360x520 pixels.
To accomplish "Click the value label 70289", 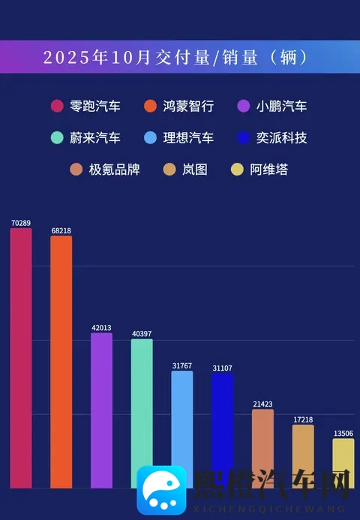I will point(21,223).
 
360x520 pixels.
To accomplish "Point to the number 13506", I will point(343,433).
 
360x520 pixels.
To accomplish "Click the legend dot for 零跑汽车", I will point(56,106).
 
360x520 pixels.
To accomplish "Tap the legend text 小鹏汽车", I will point(281,106).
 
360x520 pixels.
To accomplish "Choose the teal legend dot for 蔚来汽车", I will point(56,138).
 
